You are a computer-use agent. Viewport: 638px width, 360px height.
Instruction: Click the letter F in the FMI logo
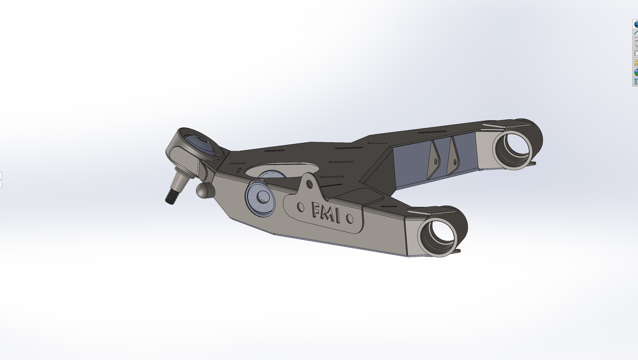click(317, 211)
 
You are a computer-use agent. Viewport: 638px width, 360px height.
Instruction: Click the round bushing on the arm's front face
click(260, 199)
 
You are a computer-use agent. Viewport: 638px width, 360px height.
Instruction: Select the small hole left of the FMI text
click(301, 206)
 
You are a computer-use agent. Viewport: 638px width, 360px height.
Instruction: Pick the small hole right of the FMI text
click(349, 218)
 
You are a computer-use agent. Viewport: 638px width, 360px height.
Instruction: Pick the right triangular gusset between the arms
click(453, 157)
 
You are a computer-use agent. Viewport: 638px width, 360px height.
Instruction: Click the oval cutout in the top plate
click(283, 170)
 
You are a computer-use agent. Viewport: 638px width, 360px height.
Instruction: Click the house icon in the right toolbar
click(636, 34)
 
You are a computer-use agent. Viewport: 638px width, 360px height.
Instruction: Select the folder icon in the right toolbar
click(636, 53)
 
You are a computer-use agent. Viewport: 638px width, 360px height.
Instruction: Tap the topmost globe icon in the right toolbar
click(636, 24)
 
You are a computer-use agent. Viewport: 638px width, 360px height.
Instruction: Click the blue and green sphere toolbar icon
click(636, 72)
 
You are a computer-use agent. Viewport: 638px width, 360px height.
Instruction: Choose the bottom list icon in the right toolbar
click(636, 82)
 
